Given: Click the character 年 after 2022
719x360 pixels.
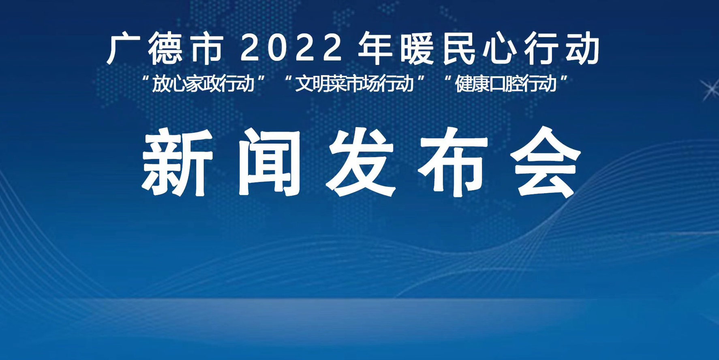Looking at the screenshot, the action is coord(374,49).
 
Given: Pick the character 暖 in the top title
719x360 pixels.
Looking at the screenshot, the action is coord(417,49).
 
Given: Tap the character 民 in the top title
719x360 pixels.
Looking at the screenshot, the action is coord(459,49).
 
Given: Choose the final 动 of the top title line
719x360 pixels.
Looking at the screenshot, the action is coord(583,49).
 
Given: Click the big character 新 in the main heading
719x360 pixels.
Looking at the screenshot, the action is coord(177,162).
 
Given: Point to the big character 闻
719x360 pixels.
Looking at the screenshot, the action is coord(269,162).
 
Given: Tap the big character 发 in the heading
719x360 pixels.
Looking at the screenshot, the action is coord(361,162).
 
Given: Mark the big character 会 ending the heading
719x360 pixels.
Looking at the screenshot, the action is coord(546,162).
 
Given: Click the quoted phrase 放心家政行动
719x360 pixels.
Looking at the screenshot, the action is coord(203,84).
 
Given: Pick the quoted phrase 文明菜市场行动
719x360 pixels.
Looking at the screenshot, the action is coord(354,84).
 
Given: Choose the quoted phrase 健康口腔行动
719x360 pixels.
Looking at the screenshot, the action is coord(506,84).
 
